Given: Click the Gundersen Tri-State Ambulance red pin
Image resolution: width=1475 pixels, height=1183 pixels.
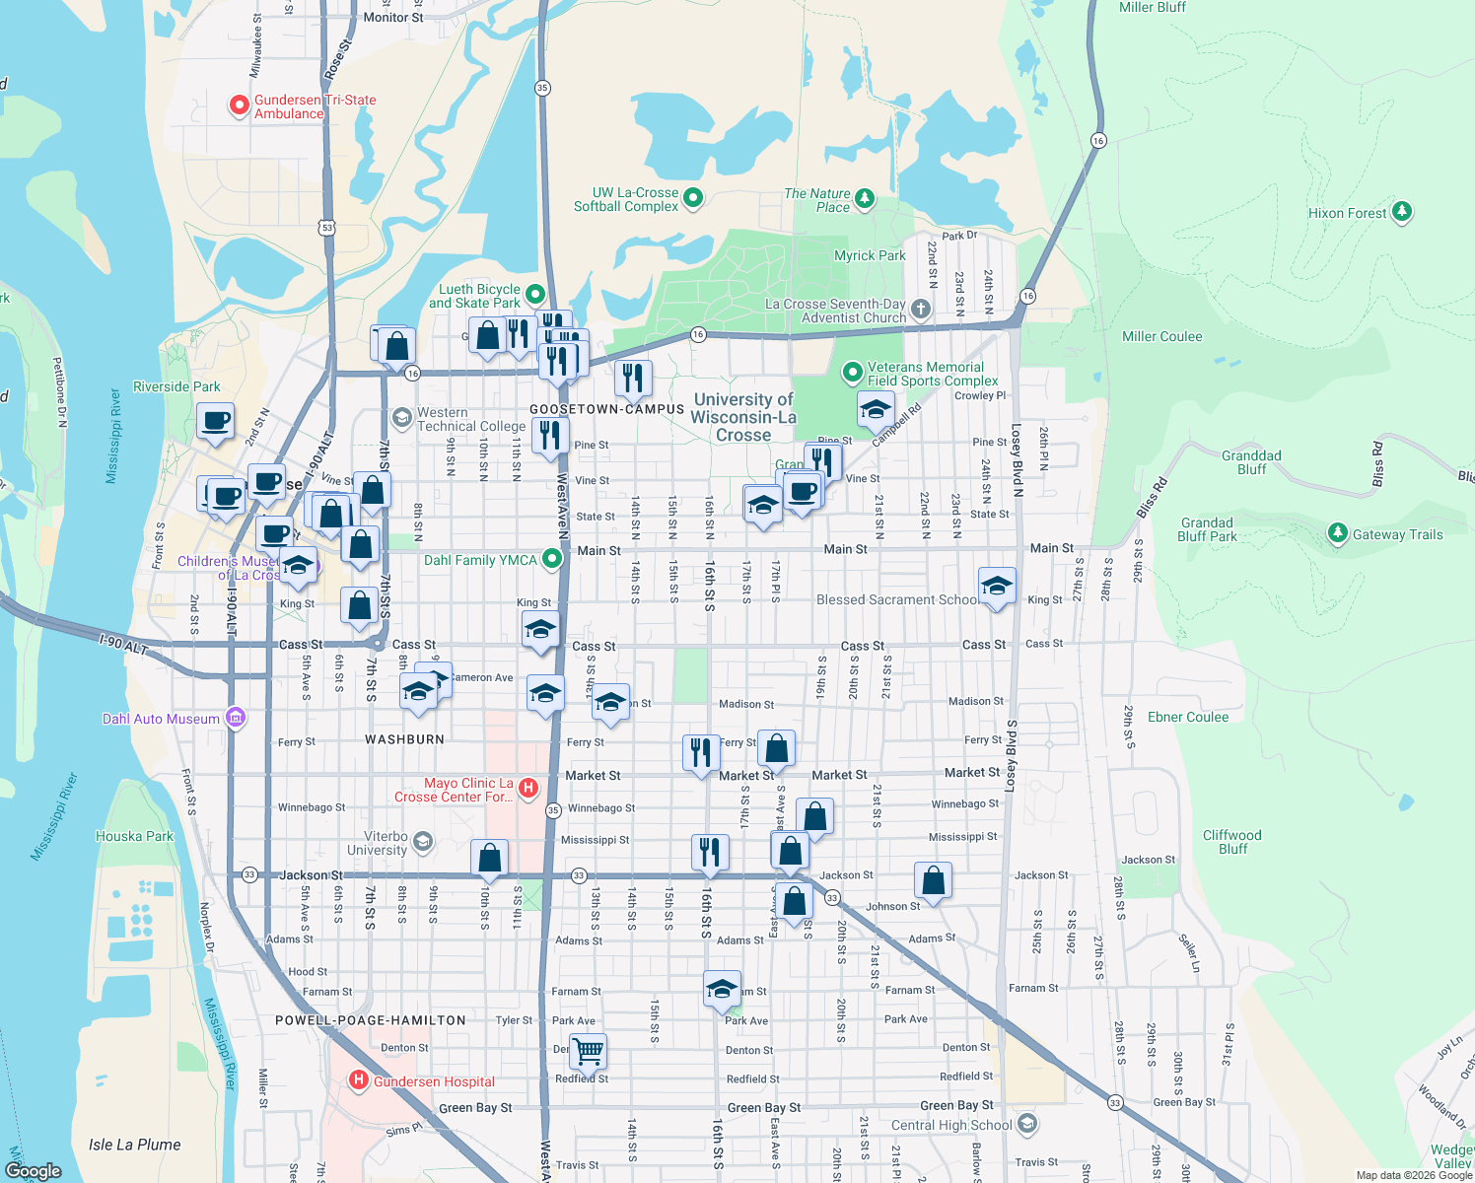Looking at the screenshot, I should pyautogui.click(x=239, y=104).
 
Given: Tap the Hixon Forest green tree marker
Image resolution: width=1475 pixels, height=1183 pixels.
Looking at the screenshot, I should pyautogui.click(x=1401, y=212).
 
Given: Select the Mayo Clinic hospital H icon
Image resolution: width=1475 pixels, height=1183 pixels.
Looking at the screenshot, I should pyautogui.click(x=528, y=788).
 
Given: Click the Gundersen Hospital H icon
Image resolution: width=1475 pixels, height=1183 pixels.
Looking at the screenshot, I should pyautogui.click(x=359, y=1080).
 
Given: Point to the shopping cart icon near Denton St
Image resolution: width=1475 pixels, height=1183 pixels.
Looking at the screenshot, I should pyautogui.click(x=588, y=1050).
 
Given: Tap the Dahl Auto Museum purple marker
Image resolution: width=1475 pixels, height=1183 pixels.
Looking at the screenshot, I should pyautogui.click(x=236, y=718).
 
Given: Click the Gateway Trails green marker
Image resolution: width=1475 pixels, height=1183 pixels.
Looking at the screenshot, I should pyautogui.click(x=1337, y=533).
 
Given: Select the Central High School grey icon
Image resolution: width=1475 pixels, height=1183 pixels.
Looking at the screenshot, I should pyautogui.click(x=1027, y=1124).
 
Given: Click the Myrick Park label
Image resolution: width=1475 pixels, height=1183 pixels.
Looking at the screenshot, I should pyautogui.click(x=870, y=255).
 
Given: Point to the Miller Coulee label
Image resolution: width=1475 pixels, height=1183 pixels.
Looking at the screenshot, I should pyautogui.click(x=1161, y=336).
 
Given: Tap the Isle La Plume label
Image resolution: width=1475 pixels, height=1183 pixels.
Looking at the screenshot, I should pyautogui.click(x=135, y=1145).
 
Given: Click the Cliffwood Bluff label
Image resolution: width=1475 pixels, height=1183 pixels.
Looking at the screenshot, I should pyautogui.click(x=1231, y=842).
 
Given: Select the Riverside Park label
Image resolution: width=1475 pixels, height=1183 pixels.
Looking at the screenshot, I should pyautogui.click(x=176, y=386).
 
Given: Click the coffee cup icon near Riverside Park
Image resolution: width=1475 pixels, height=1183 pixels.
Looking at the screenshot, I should pyautogui.click(x=216, y=421).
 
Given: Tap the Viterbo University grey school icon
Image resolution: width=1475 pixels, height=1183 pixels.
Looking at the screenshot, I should pyautogui.click(x=423, y=841).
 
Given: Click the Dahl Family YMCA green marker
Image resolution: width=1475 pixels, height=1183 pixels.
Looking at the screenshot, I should pyautogui.click(x=552, y=559).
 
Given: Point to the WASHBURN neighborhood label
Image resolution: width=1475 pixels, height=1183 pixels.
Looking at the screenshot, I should pyautogui.click(x=404, y=738).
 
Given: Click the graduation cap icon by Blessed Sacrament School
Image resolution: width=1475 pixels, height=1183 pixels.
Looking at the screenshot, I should pyautogui.click(x=997, y=586).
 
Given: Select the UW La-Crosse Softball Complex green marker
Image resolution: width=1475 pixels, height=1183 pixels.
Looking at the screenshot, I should pyautogui.click(x=693, y=198).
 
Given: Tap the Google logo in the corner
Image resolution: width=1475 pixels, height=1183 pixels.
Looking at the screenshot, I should pyautogui.click(x=33, y=1170).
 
